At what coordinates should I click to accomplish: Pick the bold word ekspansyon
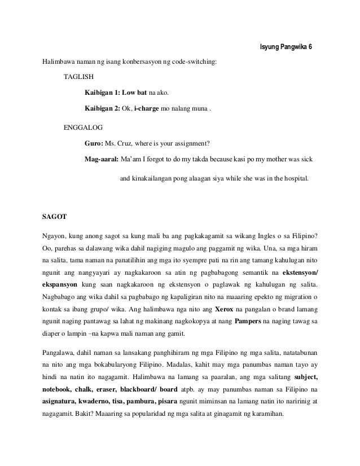pos(60,283)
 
